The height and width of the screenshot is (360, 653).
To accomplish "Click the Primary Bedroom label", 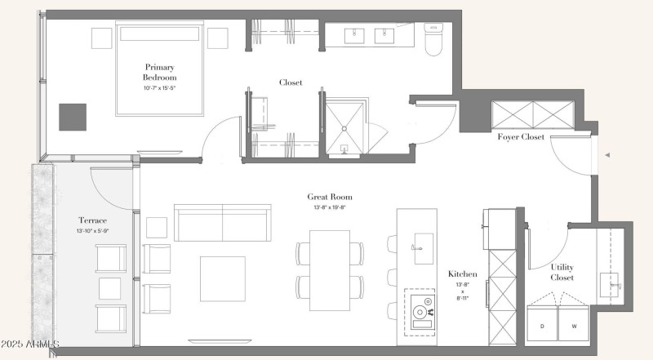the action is (x=159, y=72).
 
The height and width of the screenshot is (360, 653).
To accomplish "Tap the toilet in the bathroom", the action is (x=433, y=39).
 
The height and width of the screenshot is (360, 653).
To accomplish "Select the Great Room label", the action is (x=330, y=197).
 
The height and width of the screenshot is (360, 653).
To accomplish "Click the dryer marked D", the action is (x=542, y=323).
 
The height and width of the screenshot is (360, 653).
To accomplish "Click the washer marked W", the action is (x=574, y=323).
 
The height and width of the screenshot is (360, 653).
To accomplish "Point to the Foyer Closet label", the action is (x=521, y=136).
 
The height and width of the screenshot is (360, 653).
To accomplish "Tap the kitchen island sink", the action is (x=424, y=248).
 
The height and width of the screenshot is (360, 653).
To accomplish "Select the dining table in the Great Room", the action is (x=330, y=270).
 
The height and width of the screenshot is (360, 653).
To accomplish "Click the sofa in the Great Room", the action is (x=222, y=223).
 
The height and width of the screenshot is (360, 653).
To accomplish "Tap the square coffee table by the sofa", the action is (x=222, y=278).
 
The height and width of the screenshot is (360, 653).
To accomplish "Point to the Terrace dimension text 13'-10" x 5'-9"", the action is (x=92, y=231).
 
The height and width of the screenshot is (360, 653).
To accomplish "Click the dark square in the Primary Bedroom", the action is (x=73, y=117).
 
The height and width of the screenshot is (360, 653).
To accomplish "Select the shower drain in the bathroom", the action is (x=344, y=129).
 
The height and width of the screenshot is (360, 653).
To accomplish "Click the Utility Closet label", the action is (x=562, y=272).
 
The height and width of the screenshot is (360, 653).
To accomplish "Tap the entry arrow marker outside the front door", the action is (x=607, y=155).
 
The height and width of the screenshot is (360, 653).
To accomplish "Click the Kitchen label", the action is (x=462, y=273).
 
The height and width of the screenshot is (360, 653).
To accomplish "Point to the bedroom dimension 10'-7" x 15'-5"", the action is (x=159, y=88).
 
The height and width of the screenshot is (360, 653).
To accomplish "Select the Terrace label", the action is (x=92, y=220).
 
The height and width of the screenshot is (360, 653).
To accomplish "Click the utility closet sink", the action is (x=610, y=284).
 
